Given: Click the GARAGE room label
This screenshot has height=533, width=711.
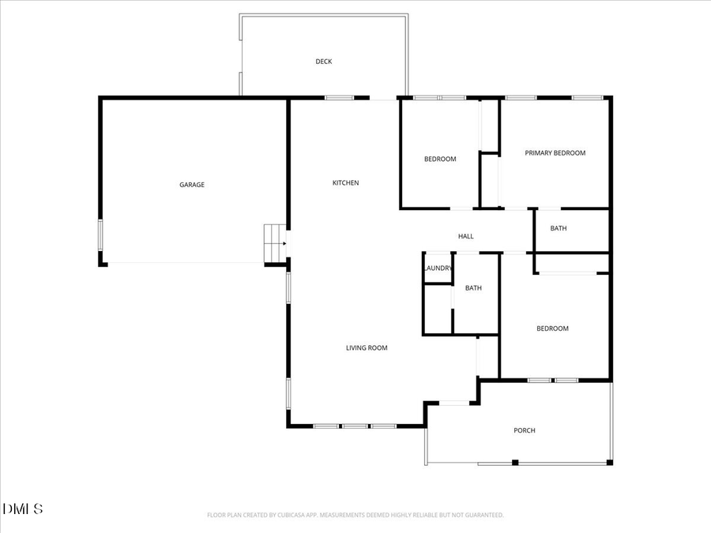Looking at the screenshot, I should point(192,185).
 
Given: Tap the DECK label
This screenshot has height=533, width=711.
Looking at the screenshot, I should point(324,62).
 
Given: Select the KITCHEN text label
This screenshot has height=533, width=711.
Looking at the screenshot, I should point(345,183).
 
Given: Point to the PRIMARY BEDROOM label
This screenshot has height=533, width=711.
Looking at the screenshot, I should point(555,153).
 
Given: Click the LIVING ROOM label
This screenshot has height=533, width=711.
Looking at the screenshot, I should point(367,347).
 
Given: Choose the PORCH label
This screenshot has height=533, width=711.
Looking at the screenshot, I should point(525,430).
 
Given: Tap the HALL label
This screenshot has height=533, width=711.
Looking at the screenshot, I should point(466,236).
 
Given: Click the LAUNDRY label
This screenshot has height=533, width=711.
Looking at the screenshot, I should point(438,268).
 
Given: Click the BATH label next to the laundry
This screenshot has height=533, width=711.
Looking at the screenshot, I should point(473,288).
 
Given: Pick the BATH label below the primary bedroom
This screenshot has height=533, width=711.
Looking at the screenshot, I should point(559,228).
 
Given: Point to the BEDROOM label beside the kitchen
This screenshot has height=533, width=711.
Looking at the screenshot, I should point(440,160).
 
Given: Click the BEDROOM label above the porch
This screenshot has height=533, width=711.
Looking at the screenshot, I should point(552,328).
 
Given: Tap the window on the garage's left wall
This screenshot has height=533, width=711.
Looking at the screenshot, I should point(100,235).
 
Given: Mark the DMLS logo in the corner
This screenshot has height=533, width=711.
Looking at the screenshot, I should point(23,509).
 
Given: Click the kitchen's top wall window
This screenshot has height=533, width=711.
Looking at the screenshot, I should point(339,98).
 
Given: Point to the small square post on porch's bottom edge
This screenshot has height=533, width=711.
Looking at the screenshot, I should point(515,462).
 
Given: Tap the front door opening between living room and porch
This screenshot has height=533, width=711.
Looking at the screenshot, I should point(453,404).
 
